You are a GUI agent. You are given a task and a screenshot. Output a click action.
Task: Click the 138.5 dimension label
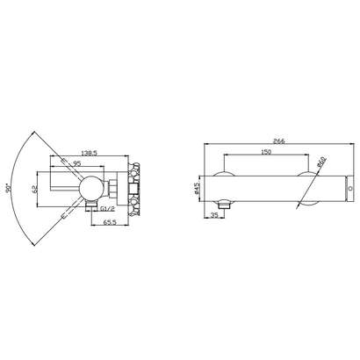89,153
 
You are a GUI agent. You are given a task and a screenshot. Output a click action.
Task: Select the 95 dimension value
76,163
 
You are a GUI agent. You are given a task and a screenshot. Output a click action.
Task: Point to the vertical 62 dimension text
34,189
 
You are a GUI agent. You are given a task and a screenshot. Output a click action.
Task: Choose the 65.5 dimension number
110,222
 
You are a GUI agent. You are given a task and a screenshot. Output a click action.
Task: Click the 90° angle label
8,188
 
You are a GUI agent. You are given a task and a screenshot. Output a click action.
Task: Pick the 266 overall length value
278,140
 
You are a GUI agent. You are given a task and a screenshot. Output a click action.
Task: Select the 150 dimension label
266,151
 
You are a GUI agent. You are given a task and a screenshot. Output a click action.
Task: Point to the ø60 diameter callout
321,162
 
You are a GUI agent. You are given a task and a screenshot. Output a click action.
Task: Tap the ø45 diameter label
197,189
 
